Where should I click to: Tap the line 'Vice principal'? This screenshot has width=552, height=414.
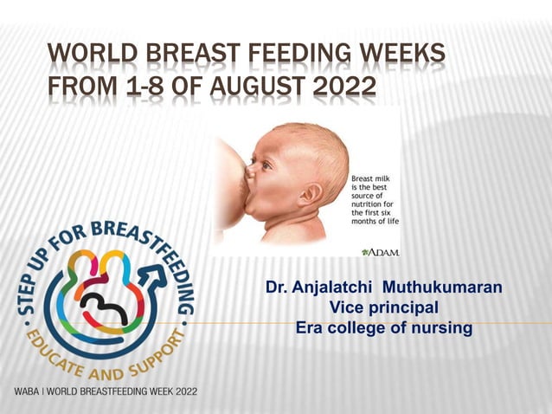(384, 307)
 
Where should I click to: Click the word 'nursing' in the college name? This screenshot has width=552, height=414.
(441, 328)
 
